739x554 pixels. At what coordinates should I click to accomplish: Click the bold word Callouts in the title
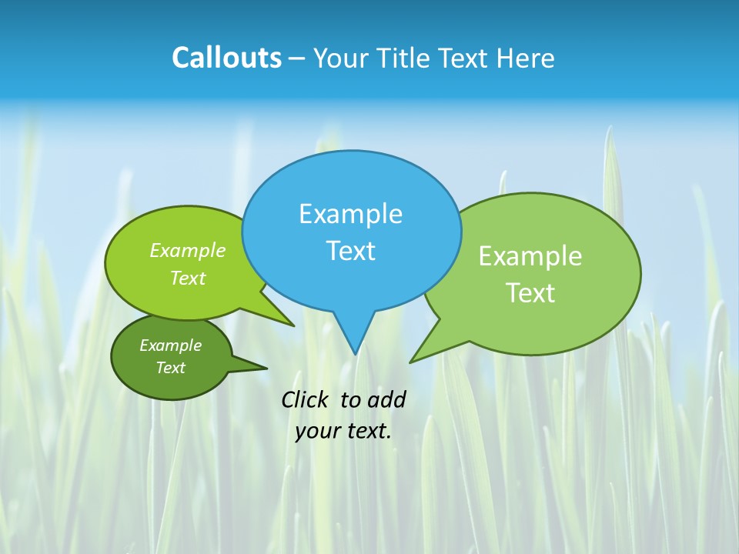[226, 58]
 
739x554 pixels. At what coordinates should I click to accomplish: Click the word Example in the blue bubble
[350, 214]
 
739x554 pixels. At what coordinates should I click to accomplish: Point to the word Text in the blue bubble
[350, 251]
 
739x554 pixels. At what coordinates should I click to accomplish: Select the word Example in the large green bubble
[530, 256]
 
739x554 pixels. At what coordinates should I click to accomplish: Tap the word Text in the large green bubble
[530, 293]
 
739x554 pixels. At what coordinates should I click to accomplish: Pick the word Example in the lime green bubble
[188, 251]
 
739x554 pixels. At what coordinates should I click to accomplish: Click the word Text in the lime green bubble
[188, 279]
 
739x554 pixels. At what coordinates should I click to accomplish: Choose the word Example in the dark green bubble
[170, 345]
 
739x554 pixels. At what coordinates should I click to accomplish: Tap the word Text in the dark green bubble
[170, 368]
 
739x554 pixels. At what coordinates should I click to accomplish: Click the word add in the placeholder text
[386, 399]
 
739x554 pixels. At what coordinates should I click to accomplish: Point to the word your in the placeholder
[317, 431]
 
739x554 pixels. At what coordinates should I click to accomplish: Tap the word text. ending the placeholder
[368, 431]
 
